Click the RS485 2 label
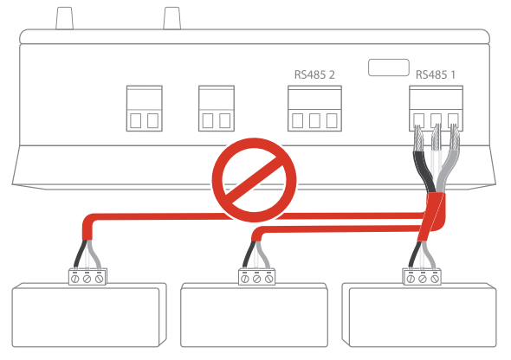tap(314, 75)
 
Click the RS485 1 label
tap(436, 75)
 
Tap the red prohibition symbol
tap(254, 180)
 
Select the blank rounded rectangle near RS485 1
tap(389, 67)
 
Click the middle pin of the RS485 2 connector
tap(314, 121)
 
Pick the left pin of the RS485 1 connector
tap(419, 120)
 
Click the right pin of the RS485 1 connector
tap(453, 120)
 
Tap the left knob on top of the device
tap(65, 18)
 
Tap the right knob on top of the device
tap(171, 18)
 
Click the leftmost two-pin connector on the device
tap(145, 108)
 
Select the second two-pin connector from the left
tap(217, 108)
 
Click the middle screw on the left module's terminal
tap(87, 279)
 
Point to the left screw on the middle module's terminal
tap(245, 279)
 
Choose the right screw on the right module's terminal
tap(435, 279)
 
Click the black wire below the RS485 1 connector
tap(423, 170)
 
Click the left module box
tap(89, 315)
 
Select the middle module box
tap(254, 315)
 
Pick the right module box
tap(419, 315)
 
